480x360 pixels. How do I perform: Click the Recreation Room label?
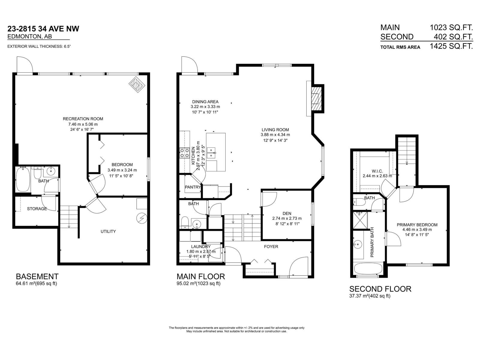[83, 119]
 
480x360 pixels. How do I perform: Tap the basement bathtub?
[23, 179]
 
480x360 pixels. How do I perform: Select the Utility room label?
[108, 231]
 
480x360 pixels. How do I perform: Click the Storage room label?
[37, 208]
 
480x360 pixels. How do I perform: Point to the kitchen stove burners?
[184, 153]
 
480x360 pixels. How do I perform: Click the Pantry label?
[193, 187]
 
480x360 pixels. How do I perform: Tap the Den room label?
[287, 213]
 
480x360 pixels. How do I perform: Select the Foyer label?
[271, 247]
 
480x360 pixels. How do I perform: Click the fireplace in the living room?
[316, 99]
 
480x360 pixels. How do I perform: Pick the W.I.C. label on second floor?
[377, 171]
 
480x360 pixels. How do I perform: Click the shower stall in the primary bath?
[360, 220]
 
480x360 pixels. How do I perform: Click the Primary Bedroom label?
[417, 225]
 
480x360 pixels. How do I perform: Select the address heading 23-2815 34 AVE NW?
[43, 28]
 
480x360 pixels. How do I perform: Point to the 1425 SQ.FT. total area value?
[451, 46]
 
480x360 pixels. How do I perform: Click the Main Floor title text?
[201, 277]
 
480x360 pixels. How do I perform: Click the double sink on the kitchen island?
[211, 153]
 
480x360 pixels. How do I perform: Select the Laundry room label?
[201, 247]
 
